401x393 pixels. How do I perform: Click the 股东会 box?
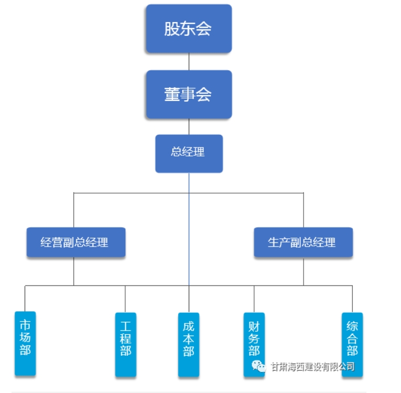pyautogui.click(x=189, y=29)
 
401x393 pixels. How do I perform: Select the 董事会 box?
pyautogui.click(x=189, y=94)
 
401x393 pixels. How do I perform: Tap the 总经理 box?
pyautogui.click(x=189, y=153)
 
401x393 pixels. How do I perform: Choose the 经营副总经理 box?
pyautogui.click(x=76, y=242)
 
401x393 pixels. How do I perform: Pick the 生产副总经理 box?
pyautogui.click(x=303, y=242)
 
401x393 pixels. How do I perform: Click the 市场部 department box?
pyautogui.click(x=25, y=344)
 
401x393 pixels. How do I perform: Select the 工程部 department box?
pyautogui.click(x=125, y=344)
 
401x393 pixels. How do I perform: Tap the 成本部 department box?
pyautogui.click(x=189, y=344)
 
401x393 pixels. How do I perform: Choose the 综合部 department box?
pyautogui.click(x=352, y=336)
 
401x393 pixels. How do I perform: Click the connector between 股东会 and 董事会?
pyautogui.click(x=189, y=61)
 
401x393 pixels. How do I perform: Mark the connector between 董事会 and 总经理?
pyautogui.click(x=189, y=126)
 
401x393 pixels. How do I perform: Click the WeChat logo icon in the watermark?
pyautogui.click(x=258, y=366)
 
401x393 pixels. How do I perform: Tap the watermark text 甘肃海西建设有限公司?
pyautogui.click(x=312, y=366)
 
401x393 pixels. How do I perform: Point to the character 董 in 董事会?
pyautogui.click(x=172, y=94)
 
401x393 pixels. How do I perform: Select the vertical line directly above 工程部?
pyautogui.click(x=125, y=299)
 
